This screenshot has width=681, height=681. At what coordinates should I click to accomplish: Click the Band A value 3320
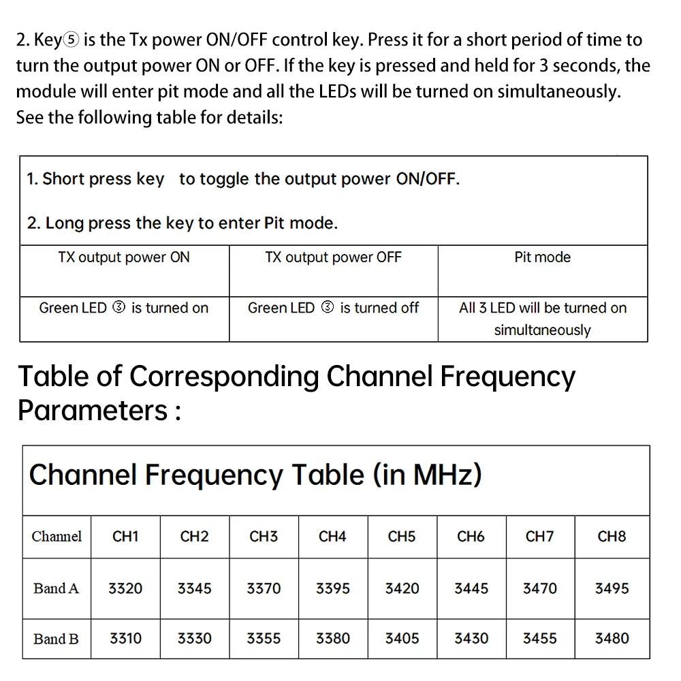click(x=125, y=588)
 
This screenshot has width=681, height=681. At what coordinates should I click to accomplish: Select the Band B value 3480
click(x=612, y=639)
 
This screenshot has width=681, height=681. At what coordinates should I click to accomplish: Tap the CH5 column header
click(x=402, y=537)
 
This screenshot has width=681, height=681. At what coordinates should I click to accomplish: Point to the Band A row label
click(x=57, y=588)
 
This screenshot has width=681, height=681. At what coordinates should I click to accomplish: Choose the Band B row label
click(x=57, y=639)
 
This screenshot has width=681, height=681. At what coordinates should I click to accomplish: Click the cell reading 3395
click(x=333, y=588)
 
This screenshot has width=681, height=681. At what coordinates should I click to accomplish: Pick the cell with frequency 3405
click(x=402, y=639)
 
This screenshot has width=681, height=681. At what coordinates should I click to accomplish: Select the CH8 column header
click(x=612, y=537)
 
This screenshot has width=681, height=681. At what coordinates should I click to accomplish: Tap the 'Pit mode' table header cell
click(x=542, y=257)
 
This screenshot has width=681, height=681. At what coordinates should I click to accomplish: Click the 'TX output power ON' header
click(x=124, y=257)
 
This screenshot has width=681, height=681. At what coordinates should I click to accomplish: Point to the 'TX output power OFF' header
click(x=333, y=257)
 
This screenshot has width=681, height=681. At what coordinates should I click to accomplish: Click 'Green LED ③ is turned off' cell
click(x=333, y=308)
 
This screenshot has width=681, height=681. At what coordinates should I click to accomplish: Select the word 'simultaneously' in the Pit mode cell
click(x=542, y=330)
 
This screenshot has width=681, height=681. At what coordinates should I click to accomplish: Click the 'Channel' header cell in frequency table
click(x=57, y=537)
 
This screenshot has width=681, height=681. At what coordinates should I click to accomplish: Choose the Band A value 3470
click(x=539, y=588)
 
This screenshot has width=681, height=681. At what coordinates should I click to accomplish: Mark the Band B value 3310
click(x=125, y=639)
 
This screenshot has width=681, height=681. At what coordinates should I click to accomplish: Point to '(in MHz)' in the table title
click(x=427, y=475)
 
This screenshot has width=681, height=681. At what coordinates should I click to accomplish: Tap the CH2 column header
click(x=195, y=537)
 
